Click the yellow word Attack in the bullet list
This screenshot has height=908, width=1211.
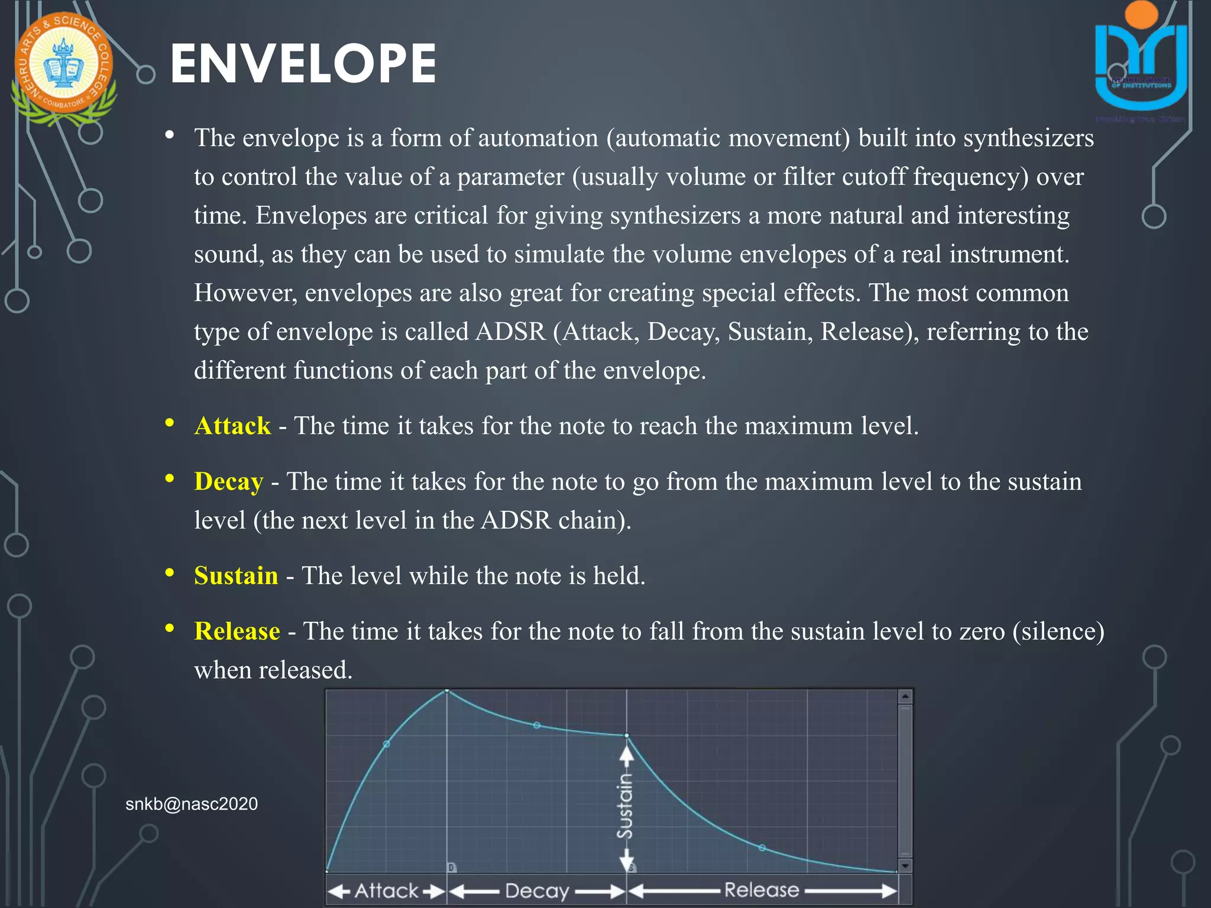(x=232, y=426)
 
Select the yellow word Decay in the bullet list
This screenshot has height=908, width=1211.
(x=228, y=482)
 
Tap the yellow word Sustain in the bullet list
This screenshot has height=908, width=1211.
(x=236, y=576)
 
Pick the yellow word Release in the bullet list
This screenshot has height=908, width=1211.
(x=237, y=631)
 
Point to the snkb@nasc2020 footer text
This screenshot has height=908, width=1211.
(x=192, y=804)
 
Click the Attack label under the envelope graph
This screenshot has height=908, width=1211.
(x=386, y=891)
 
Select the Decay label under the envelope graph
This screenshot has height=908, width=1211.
(x=537, y=891)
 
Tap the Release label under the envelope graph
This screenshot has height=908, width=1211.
(x=762, y=890)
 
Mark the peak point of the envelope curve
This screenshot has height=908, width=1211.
(x=447, y=690)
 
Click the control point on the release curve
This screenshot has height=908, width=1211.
(x=762, y=848)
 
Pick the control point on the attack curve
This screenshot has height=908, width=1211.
(x=387, y=744)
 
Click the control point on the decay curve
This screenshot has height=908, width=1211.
(x=537, y=725)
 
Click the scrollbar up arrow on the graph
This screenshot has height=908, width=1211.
(x=905, y=697)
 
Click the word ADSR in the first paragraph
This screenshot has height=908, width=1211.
(x=510, y=332)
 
